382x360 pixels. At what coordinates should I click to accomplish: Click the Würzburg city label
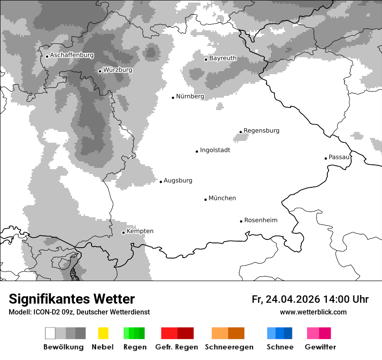pos(118,70)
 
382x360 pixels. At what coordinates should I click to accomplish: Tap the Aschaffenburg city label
pos(72,55)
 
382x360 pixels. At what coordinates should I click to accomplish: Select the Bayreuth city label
pos(223,58)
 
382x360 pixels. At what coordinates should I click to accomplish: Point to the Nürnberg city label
pos(190,96)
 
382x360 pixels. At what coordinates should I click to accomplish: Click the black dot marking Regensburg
pos(240,132)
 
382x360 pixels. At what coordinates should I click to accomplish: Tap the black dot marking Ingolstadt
pos(197,151)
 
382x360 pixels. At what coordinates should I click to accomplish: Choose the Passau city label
pos(339,157)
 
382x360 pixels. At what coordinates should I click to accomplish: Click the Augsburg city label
pos(178,180)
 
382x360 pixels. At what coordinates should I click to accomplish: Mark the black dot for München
pos(206,200)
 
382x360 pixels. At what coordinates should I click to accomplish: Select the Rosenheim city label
pos(260,220)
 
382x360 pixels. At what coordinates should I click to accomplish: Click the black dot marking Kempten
pos(123,232)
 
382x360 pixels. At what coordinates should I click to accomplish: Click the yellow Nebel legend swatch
pos(103,333)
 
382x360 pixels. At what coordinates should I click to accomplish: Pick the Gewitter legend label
pos(320,347)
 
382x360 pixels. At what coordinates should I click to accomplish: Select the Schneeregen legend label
pos(229,347)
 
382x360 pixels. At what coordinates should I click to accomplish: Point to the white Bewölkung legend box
pos(50,333)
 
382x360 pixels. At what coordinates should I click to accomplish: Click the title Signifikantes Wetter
pos(72,299)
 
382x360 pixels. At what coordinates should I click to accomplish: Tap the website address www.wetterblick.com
pos(313,312)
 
